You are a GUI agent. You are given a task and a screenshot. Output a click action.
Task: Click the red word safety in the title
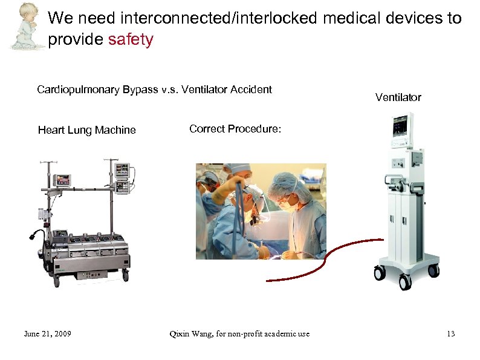coord(130,40)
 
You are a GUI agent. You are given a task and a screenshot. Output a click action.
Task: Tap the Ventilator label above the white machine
coord(398,97)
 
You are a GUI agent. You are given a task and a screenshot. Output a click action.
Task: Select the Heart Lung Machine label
coord(86,130)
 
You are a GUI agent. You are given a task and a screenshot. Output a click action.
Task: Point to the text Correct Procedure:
coord(235,128)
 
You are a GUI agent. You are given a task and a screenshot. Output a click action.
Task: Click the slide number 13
coord(450,333)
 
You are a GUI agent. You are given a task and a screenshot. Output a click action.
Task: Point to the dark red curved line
coord(329,257)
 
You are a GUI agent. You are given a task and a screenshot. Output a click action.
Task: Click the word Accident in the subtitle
coord(252,90)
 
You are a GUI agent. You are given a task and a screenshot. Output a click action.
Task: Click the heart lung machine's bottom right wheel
coord(125,275)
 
